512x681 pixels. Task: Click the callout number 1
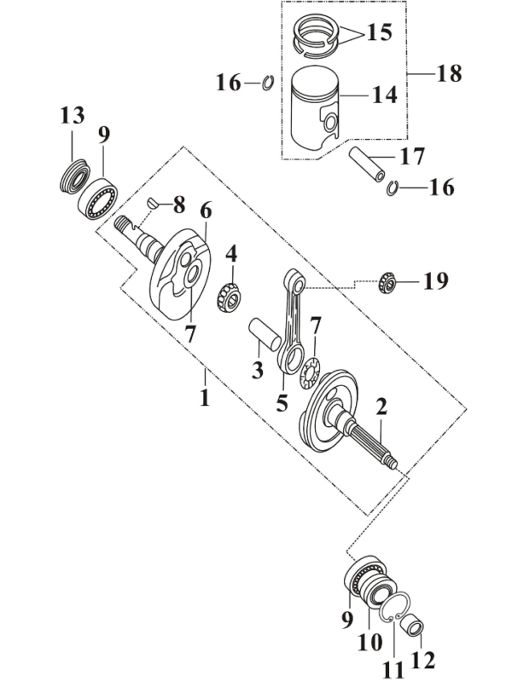pos(205,397)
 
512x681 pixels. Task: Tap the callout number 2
pos(381,407)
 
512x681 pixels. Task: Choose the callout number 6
pos(206,210)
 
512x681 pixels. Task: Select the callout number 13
pos(73,115)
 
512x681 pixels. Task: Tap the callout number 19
pos(435,282)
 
